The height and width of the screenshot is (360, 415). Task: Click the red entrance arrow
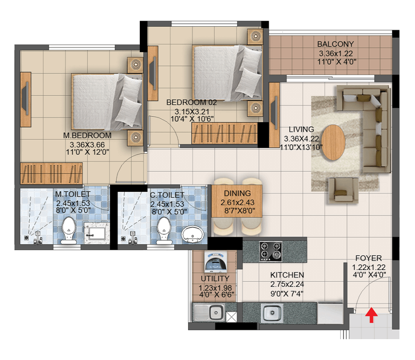coord(371,315)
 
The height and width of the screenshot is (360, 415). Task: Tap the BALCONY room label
coord(335,44)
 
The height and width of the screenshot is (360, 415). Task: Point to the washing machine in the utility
coord(216,262)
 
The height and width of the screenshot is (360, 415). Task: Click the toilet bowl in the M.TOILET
coord(69,230)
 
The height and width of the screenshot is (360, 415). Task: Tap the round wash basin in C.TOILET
coord(193,234)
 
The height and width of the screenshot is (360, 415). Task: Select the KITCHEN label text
coord(287,275)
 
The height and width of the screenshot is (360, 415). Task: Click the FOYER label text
coord(368,258)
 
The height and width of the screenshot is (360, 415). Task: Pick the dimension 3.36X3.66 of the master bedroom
coord(87,145)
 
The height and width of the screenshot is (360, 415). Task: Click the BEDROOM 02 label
coord(191,102)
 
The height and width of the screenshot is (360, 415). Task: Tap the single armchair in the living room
coord(344,190)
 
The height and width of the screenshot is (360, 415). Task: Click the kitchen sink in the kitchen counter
coord(272,313)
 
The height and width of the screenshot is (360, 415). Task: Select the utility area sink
coord(209,312)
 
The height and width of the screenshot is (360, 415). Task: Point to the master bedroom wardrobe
coord(51,173)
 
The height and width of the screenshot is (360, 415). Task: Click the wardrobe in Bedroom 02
coord(225,133)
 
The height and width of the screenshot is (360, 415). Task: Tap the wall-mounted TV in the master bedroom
coord(26,100)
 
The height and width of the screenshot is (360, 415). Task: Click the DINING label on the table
coord(237,193)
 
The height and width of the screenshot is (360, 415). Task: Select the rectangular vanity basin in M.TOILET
coord(96,233)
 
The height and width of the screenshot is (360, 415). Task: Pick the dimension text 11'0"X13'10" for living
coord(302,147)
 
